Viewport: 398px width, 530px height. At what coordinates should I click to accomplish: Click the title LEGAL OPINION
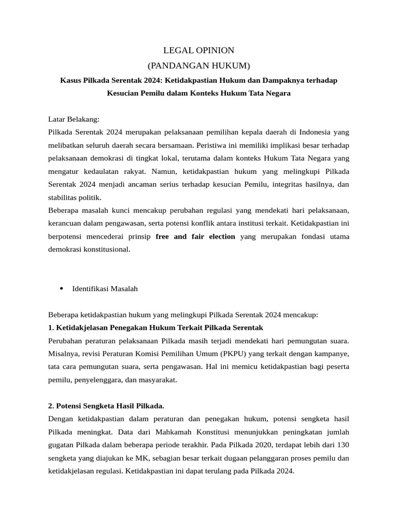pyautogui.click(x=199, y=50)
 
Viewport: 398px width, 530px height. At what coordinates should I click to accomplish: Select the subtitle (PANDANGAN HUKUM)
pyautogui.click(x=199, y=66)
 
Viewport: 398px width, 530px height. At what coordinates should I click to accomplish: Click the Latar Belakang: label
pyautogui.click(x=74, y=119)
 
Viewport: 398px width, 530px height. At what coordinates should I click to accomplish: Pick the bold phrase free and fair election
pyautogui.click(x=195, y=237)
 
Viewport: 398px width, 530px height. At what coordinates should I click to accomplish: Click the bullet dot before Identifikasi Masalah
pyautogui.click(x=61, y=288)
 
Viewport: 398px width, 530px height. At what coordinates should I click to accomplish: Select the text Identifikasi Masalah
pyautogui.click(x=105, y=289)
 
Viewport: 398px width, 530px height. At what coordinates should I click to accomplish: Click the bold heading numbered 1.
pyautogui.click(x=156, y=328)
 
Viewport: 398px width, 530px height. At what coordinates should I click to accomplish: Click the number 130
pyautogui.click(x=343, y=445)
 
